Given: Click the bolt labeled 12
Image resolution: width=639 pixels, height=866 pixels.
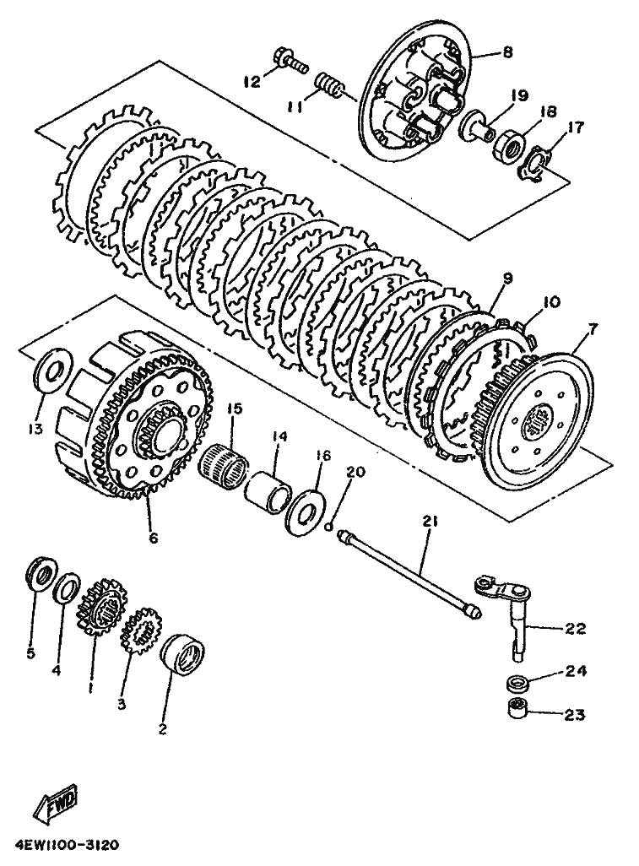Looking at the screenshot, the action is tap(289, 62).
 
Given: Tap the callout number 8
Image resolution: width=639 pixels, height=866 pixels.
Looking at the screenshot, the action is tap(507, 52).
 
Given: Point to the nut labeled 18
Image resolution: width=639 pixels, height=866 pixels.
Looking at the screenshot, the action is tap(506, 146).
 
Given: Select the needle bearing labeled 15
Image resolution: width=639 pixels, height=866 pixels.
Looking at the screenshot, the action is tap(225, 462).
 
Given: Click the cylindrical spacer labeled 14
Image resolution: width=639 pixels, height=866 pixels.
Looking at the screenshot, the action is tap(269, 486).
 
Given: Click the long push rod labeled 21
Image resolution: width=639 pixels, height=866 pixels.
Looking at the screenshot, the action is tap(409, 575).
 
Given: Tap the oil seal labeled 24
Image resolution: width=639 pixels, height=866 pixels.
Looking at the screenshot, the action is tap(518, 682).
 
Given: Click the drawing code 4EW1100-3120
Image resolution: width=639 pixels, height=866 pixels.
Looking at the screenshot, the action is tap(63, 845).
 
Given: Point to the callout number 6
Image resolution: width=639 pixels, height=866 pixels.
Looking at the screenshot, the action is tap(153, 536).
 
